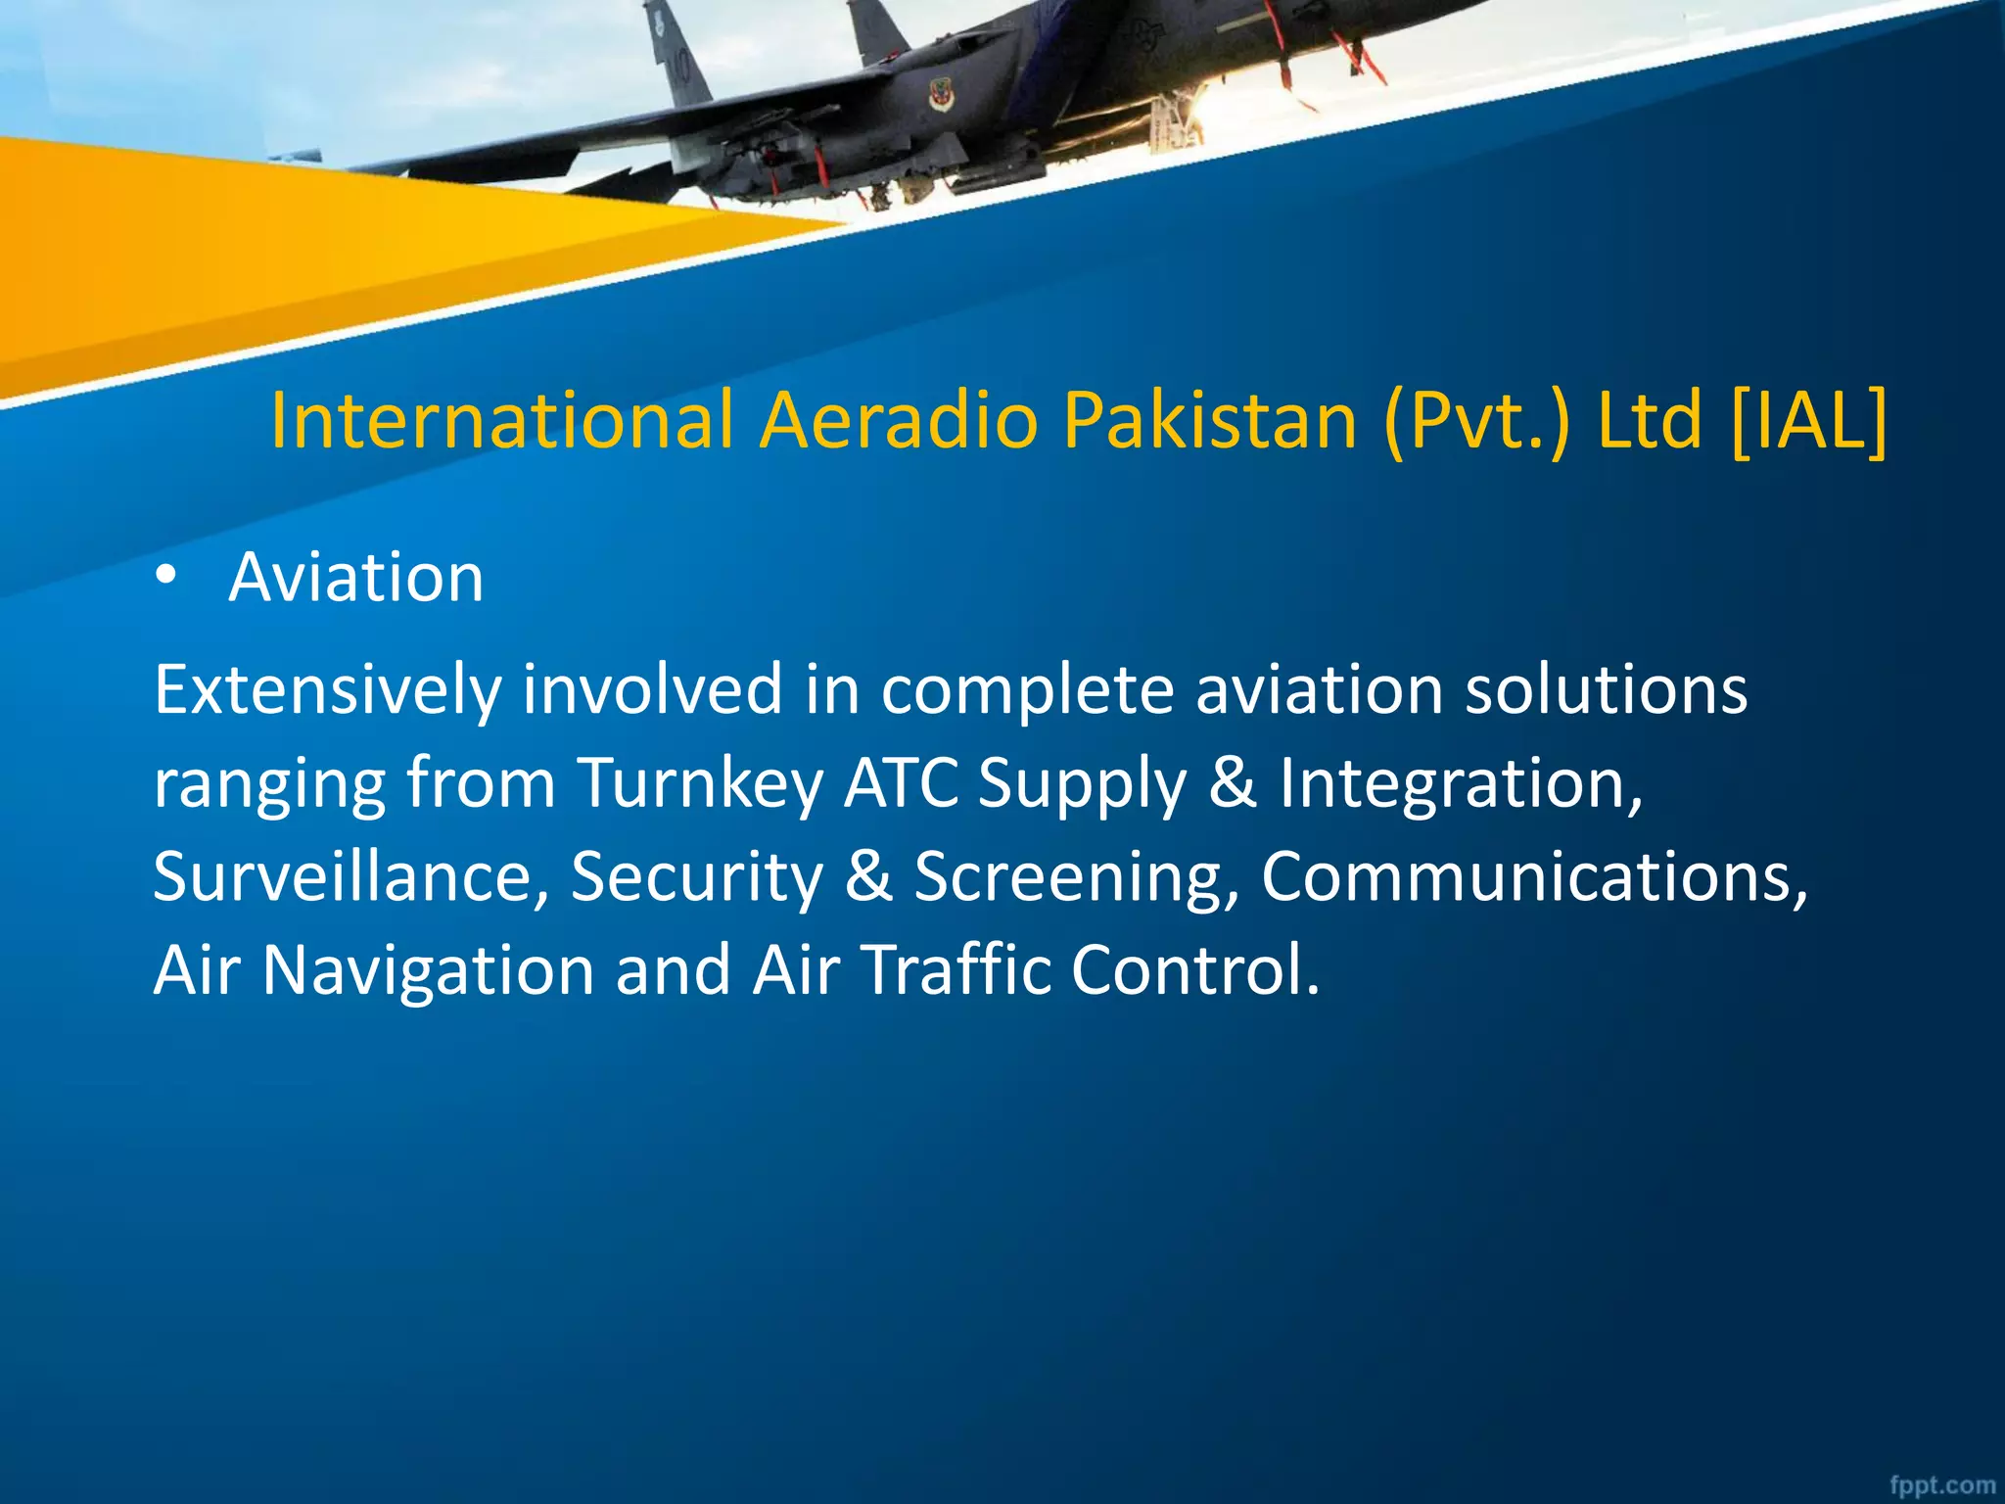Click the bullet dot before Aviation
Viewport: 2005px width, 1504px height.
pos(166,578)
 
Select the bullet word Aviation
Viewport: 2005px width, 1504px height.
pos(356,578)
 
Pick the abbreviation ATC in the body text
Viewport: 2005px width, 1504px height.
pos(901,783)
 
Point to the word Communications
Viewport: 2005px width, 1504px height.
pos(1533,877)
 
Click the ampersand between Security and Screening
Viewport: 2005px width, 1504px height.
pos(868,877)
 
